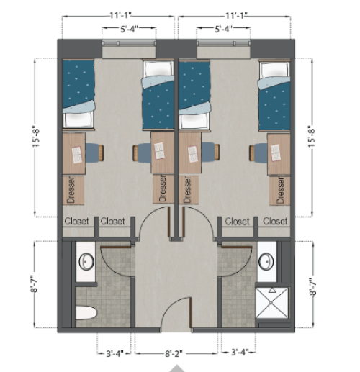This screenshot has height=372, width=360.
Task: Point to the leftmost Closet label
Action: point(77,222)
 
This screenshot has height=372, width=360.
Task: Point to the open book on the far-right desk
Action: point(276,152)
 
